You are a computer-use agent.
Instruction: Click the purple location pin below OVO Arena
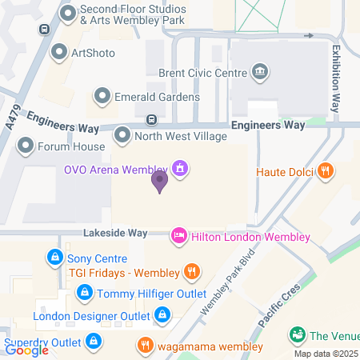pos(160,182)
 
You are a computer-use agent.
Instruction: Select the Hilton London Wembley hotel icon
pos(180,237)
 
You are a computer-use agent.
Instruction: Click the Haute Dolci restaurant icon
pos(325,170)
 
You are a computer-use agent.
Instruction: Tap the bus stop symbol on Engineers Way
pos(150,120)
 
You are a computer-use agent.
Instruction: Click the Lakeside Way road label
pos(116,233)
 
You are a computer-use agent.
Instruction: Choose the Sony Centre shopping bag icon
pos(55,258)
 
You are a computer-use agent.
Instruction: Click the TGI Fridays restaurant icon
pos(190,272)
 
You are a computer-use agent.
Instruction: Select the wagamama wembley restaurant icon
pos(145,346)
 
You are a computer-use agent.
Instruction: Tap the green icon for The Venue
pos(297,334)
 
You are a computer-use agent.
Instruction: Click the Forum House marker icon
pos(26,146)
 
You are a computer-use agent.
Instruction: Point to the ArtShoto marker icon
pos(58,53)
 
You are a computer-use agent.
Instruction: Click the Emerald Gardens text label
pos(157,97)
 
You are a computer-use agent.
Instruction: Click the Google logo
pos(26,349)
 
